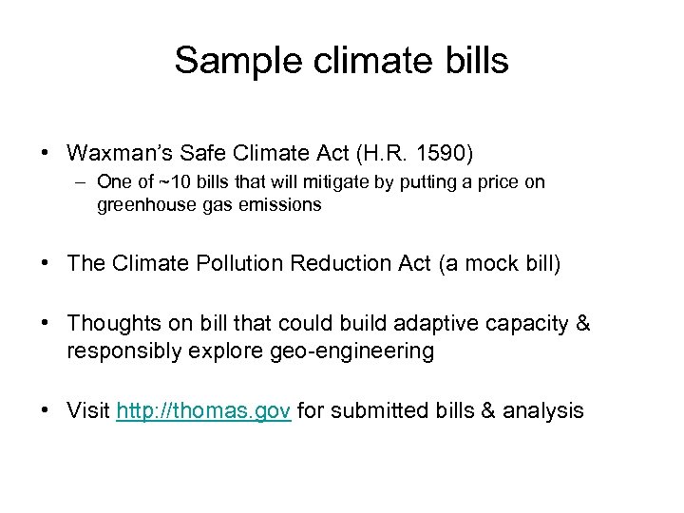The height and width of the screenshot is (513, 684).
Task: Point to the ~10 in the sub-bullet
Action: [x=171, y=182]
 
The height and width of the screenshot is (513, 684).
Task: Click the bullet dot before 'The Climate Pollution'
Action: [x=46, y=263]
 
